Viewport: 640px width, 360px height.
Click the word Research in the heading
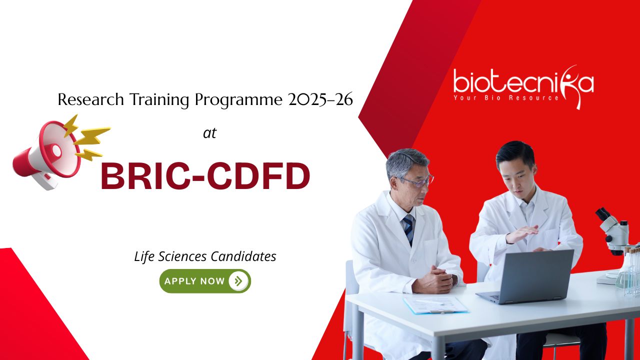(x=90, y=99)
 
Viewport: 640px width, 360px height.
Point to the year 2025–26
(x=320, y=99)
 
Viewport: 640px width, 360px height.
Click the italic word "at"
(x=209, y=133)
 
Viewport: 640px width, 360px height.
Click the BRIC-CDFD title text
(x=205, y=175)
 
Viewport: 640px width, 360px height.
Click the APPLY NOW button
(x=205, y=281)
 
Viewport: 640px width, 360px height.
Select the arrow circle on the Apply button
(x=238, y=281)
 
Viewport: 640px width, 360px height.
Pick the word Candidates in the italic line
(x=243, y=256)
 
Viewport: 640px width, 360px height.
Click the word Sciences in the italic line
(x=182, y=256)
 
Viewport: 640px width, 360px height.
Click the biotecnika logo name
(x=523, y=81)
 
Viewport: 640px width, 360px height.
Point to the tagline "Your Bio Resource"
(x=506, y=97)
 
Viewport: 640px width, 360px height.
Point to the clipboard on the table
(x=435, y=304)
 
